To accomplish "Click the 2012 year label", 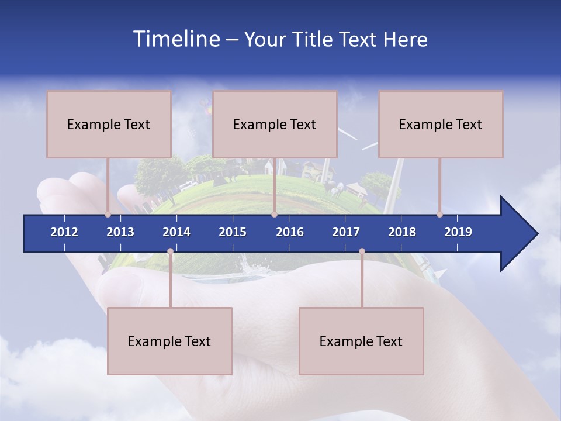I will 64,232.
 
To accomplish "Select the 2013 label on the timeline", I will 120,232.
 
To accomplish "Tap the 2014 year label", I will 176,232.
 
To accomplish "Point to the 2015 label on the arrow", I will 233,232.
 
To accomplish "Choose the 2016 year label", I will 290,232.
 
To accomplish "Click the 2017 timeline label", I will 346,232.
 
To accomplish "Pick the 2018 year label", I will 402,232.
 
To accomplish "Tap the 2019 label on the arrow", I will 458,232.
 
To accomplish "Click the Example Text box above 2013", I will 109,124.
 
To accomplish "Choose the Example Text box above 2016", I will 275,124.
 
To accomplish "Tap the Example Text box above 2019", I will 441,124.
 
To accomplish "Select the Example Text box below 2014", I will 169,341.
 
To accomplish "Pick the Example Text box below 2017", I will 361,341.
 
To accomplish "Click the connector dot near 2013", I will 108,214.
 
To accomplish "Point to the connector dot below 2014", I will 170,251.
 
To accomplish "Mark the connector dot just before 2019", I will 440,214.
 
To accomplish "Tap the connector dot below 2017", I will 362,251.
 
